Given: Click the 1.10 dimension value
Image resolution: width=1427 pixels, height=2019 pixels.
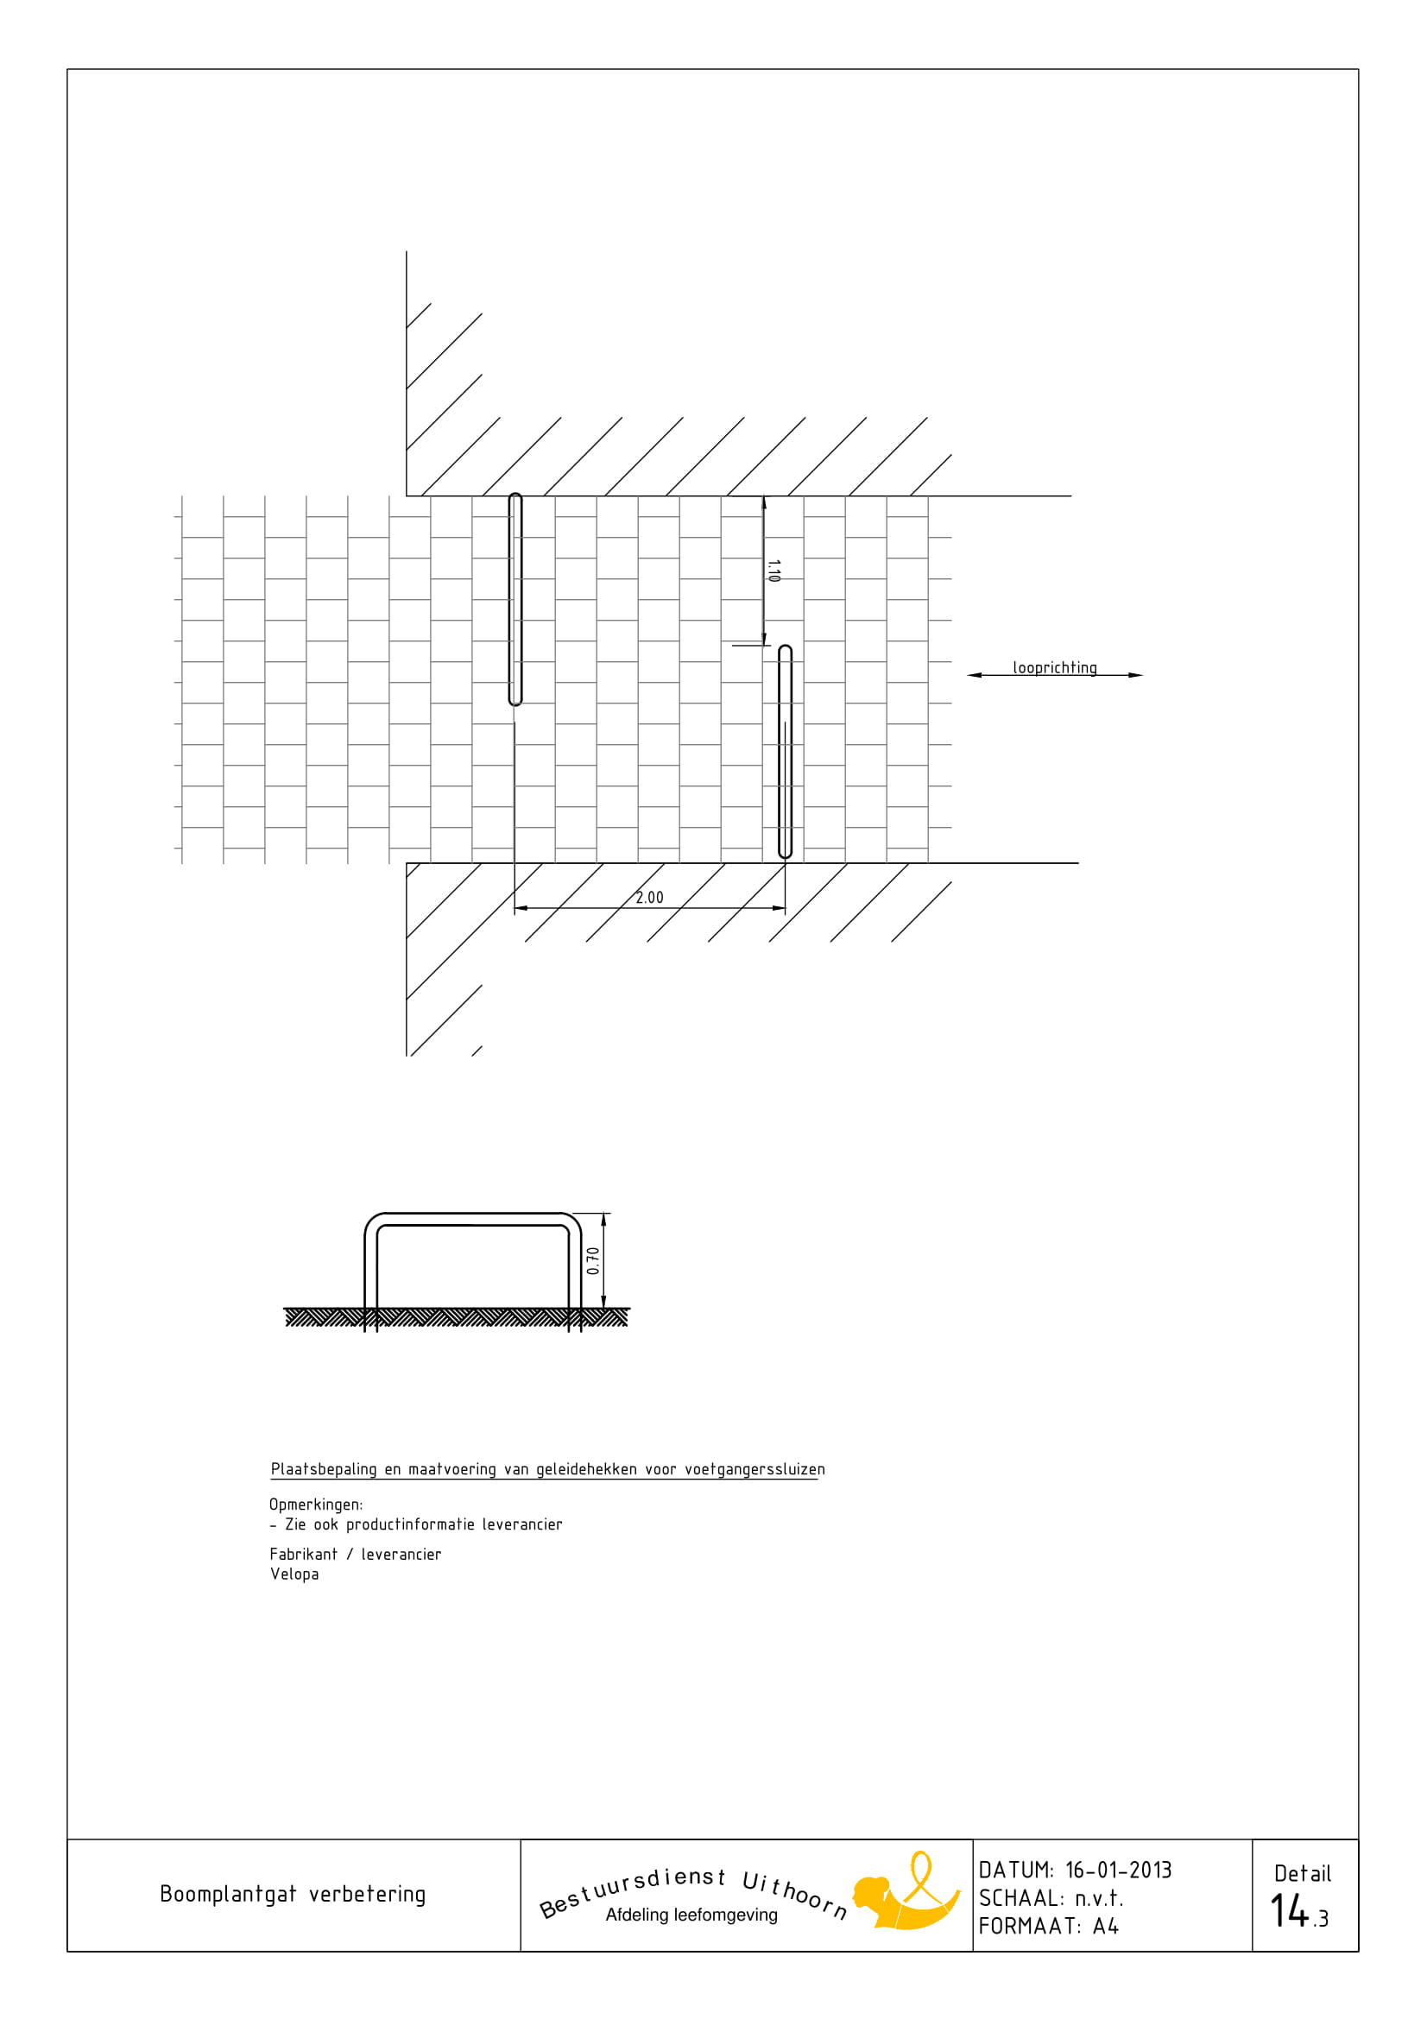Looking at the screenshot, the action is point(773,571).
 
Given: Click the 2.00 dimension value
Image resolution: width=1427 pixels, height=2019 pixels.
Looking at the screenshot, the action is point(649,898).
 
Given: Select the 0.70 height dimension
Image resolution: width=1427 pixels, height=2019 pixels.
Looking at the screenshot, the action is point(592,1260).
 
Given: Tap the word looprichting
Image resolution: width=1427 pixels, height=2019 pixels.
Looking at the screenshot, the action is point(1054,668).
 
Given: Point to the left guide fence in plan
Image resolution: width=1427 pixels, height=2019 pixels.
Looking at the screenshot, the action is point(515,599).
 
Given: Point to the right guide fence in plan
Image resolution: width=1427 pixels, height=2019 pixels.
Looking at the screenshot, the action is point(786,752).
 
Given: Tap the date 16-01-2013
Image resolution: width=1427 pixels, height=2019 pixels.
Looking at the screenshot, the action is point(1119,1870).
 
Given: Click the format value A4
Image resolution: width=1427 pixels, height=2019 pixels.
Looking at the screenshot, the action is point(1105,1926).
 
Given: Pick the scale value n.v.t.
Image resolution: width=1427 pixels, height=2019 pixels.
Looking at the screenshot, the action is point(1099,1897).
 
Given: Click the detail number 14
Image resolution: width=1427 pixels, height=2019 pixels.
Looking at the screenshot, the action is point(1290,1910).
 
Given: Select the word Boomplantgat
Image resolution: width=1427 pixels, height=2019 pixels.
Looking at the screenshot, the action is point(228,1894).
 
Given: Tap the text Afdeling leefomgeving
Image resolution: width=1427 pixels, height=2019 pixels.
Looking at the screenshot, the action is point(691,1915).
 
